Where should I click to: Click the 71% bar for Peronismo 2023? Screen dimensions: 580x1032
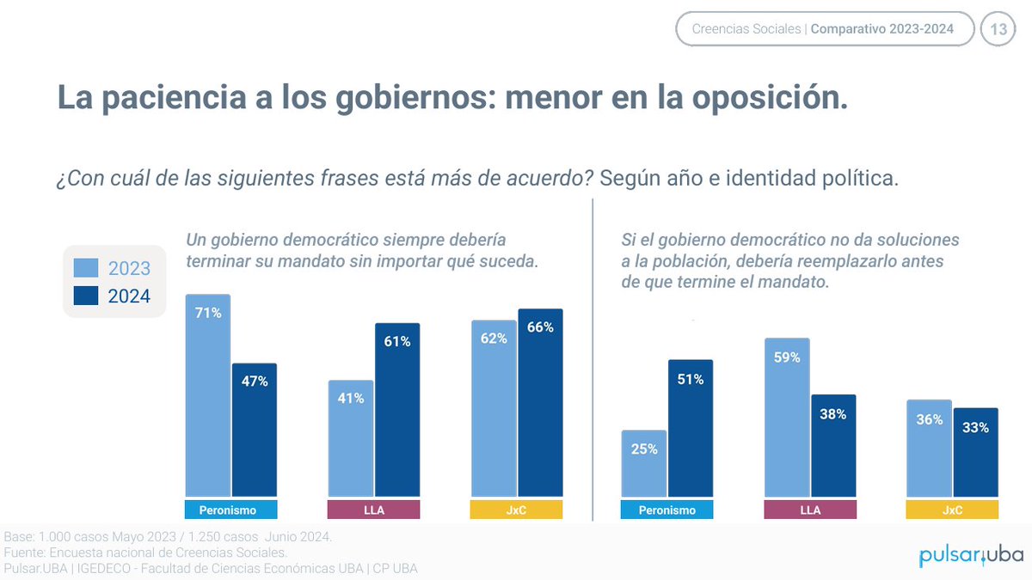pyautogui.click(x=207, y=395)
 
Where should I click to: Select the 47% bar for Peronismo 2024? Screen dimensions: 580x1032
pyautogui.click(x=254, y=430)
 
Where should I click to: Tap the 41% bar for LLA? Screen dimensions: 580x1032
pyautogui.click(x=350, y=438)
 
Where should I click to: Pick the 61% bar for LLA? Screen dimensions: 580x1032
pyautogui.click(x=396, y=410)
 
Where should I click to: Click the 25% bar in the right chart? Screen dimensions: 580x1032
pyautogui.click(x=643, y=463)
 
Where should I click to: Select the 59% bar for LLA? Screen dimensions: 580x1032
pyautogui.click(x=786, y=417)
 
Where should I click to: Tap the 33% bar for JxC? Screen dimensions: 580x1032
pyautogui.click(x=975, y=452)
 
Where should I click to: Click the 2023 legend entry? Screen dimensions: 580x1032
pyautogui.click(x=113, y=268)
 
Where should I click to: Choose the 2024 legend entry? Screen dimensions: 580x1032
pyautogui.click(x=113, y=296)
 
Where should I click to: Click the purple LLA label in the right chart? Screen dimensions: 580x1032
pyautogui.click(x=809, y=510)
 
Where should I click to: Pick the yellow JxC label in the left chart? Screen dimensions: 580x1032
pyautogui.click(x=516, y=510)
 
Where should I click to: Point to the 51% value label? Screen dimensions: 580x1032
pyautogui.click(x=690, y=379)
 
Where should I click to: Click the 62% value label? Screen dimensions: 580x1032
pyautogui.click(x=494, y=339)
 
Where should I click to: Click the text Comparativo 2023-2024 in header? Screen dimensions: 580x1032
pyautogui.click(x=882, y=29)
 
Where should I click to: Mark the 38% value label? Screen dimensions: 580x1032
pyautogui.click(x=832, y=414)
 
